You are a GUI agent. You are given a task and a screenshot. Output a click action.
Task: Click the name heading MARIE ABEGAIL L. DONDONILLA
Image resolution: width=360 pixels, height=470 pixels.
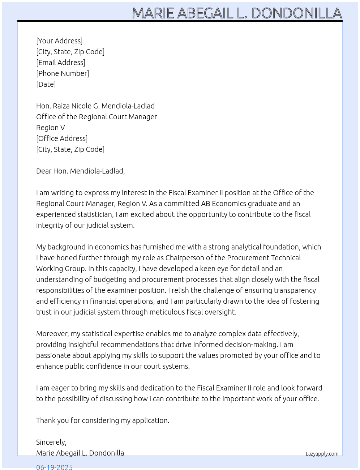[x=237, y=13]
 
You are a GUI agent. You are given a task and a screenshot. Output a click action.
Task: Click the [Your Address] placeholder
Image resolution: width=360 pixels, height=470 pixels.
[x=59, y=41]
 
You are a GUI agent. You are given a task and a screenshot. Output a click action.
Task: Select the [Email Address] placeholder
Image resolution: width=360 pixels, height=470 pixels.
[x=61, y=63]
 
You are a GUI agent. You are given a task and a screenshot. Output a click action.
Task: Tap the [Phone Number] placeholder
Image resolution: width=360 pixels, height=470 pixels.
[x=63, y=73]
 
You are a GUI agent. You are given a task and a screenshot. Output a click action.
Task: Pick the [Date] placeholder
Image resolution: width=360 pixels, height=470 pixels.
[x=46, y=84]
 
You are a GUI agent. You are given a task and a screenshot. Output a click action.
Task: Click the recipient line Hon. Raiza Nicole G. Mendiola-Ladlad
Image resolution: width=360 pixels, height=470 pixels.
[x=95, y=106]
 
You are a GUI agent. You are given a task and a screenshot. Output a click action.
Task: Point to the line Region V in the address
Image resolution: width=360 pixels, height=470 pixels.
[x=51, y=128]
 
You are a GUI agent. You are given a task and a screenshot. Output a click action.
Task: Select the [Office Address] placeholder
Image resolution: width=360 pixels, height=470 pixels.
[x=62, y=138]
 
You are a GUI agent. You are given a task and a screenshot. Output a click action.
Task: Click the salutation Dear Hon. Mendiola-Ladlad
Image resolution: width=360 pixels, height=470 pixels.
[x=80, y=171]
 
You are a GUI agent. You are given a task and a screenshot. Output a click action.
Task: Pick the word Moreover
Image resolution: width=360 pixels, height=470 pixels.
[x=52, y=334]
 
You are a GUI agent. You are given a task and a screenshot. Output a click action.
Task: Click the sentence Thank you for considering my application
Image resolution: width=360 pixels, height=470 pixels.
[x=103, y=420]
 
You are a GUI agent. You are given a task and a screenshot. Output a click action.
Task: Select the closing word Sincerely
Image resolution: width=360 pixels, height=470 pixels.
[x=51, y=442]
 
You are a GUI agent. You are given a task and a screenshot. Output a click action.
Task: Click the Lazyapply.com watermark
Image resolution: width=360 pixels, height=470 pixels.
[x=322, y=454]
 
